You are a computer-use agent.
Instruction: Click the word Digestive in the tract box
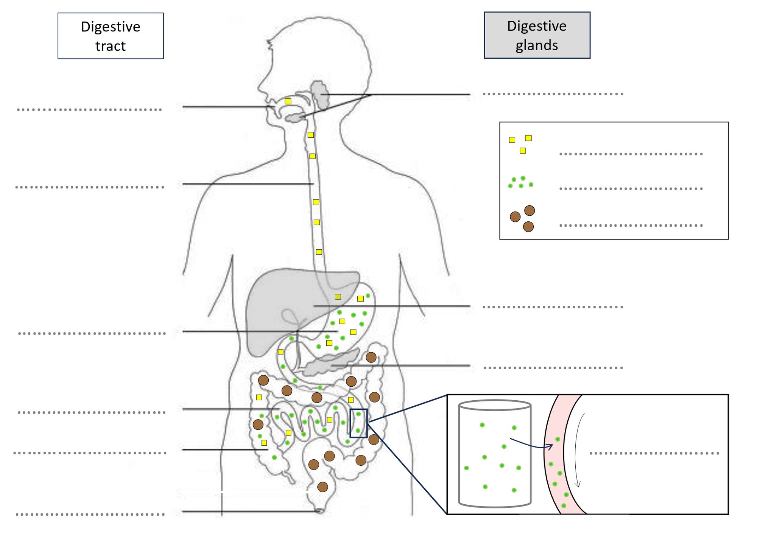click(x=111, y=27)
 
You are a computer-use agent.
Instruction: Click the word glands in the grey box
click(x=536, y=45)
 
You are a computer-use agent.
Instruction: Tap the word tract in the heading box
click(x=110, y=46)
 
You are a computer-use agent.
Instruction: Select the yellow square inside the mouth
click(x=288, y=101)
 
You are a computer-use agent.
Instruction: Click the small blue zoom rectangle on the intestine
click(x=358, y=423)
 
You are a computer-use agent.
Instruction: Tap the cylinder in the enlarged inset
click(x=495, y=454)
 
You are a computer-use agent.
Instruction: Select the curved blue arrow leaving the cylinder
click(x=530, y=445)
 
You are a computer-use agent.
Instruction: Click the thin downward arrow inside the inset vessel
click(x=576, y=450)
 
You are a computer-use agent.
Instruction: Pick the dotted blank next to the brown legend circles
click(x=631, y=225)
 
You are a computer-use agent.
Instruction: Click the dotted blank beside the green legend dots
click(x=631, y=188)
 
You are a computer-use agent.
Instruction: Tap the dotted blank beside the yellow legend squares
click(x=631, y=154)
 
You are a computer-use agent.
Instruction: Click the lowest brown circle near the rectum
click(x=322, y=487)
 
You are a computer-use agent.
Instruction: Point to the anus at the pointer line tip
click(x=320, y=511)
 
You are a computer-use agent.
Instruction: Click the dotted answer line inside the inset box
click(x=654, y=453)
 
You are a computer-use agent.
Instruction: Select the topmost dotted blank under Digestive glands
click(x=553, y=94)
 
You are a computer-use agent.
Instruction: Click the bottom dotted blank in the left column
click(x=90, y=515)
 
